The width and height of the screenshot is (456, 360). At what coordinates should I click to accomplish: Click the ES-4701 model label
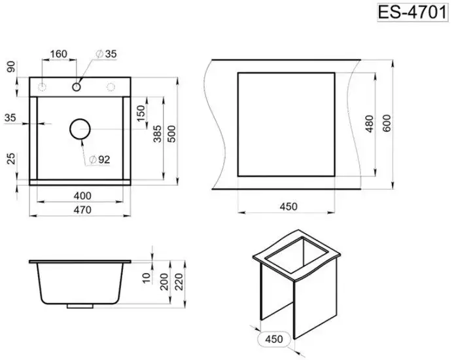point(412,12)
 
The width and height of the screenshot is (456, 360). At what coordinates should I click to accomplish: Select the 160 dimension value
point(59,54)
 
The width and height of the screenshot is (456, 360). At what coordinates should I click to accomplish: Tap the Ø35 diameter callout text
point(107,54)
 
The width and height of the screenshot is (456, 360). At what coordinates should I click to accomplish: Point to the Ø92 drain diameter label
point(99,160)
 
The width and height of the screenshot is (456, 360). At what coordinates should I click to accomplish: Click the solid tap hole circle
point(77,87)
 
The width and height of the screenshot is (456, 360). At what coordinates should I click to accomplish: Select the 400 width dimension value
point(82,196)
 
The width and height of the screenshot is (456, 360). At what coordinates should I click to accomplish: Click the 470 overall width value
point(82,209)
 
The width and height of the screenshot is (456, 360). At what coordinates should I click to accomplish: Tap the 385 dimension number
point(157,134)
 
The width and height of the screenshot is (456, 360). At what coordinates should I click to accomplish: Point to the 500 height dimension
point(172,134)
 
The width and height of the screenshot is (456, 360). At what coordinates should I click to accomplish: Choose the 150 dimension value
point(141,113)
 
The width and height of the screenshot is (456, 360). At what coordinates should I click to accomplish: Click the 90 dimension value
point(11,67)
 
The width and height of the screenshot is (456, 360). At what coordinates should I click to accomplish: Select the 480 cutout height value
point(369,124)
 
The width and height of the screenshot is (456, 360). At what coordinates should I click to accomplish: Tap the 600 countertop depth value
point(387,124)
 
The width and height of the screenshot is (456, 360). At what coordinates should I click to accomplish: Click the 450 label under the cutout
point(289,207)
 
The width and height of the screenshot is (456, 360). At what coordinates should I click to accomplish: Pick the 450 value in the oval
point(274,339)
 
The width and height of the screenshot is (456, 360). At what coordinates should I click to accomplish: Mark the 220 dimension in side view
point(179,281)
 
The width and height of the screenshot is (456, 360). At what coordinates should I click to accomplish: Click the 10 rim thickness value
point(147,278)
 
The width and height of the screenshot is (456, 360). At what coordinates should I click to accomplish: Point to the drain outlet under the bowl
point(80,306)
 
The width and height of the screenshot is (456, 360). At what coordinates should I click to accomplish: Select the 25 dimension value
point(11,158)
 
